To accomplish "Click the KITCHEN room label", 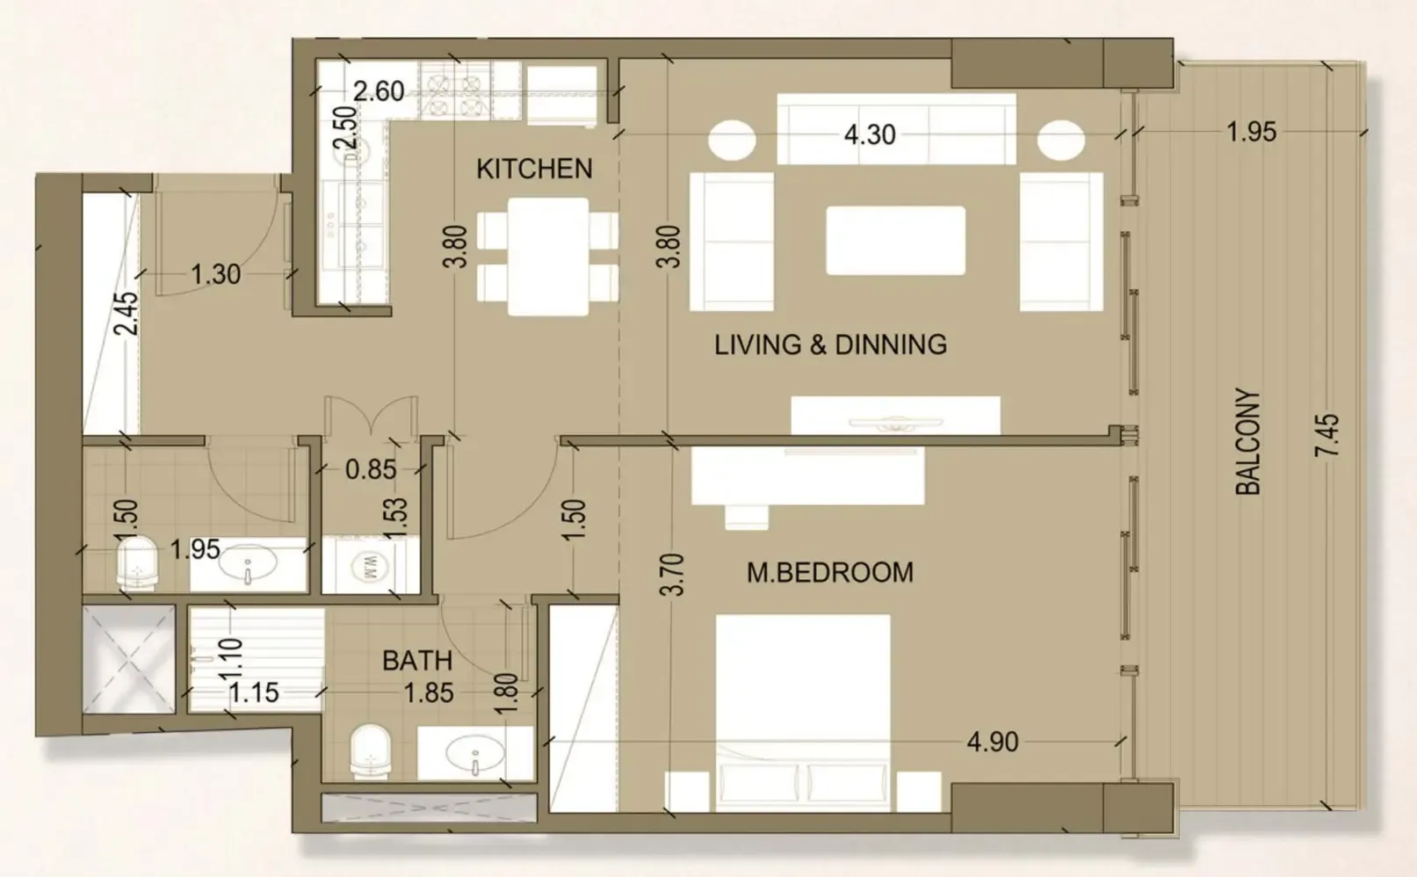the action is click(534, 169).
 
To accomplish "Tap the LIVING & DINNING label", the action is click(830, 344).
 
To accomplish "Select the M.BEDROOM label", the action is click(830, 573).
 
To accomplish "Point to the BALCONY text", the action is click(1248, 442).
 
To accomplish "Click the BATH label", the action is click(417, 661).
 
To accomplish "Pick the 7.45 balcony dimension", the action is click(1327, 435).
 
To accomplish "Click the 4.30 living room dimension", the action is click(870, 134).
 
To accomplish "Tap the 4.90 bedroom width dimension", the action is click(993, 743).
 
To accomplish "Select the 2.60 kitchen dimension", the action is click(379, 91).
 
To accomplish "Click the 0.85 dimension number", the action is click(371, 470).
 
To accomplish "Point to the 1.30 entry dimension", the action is click(216, 275).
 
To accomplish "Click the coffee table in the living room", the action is click(896, 241).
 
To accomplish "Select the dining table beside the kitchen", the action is click(548, 257).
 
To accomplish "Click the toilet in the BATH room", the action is click(370, 753).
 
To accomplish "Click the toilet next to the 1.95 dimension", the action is click(137, 564).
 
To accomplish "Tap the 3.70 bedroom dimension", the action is click(672, 575).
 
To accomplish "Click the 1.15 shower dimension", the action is click(254, 693).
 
